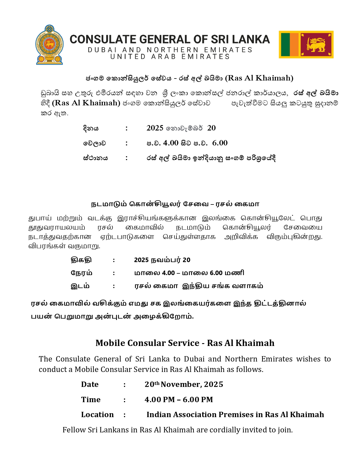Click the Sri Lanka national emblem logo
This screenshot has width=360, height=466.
coord(49,45)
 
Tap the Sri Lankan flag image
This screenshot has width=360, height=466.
coord(306,45)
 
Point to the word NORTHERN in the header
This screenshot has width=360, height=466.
coord(173,50)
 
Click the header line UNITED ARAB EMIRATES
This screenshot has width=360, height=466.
coord(170,57)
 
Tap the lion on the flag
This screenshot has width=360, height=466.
coord(316,45)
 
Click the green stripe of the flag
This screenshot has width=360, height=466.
coord(285,45)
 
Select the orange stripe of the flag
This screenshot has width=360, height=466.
coord(294,45)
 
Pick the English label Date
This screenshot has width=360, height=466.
coord(90,384)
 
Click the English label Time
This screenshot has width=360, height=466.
coord(91,400)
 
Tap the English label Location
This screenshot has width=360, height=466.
coord(97,415)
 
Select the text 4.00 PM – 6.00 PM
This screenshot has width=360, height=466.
coord(179,400)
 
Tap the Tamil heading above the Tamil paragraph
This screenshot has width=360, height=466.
coord(175,204)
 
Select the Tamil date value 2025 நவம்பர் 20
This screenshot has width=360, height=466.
coord(162,260)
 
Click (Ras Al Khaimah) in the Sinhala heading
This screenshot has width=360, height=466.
coord(259,78)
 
